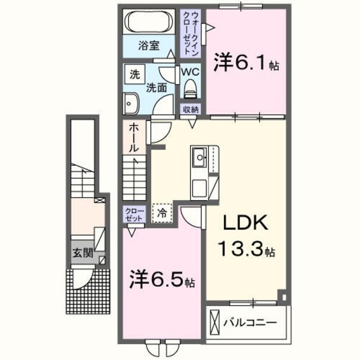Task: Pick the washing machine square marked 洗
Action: click(x=134, y=74)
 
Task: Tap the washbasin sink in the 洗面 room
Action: click(x=131, y=103)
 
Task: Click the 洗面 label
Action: click(x=156, y=87)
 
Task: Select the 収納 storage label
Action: click(x=190, y=110)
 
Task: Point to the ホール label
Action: click(x=134, y=138)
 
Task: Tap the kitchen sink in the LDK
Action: click(x=199, y=157)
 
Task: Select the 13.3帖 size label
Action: click(x=246, y=249)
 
